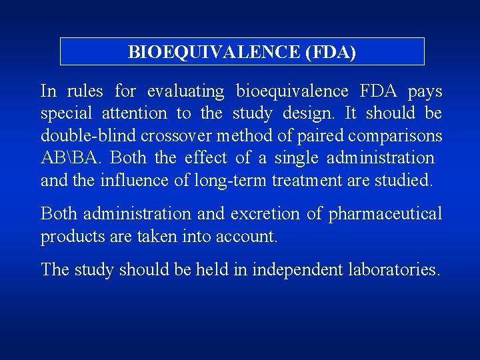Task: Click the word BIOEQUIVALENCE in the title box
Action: tap(214, 51)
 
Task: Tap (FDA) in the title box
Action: tap(330, 51)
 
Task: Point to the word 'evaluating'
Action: tap(186, 91)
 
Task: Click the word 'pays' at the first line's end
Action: tap(425, 91)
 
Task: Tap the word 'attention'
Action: tap(135, 113)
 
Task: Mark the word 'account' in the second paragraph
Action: tap(249, 237)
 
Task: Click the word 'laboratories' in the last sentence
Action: tap(394, 269)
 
